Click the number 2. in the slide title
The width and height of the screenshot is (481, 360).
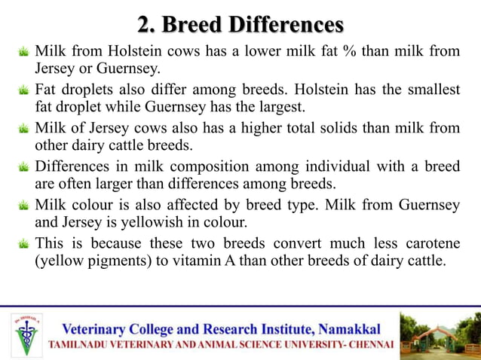point(146,24)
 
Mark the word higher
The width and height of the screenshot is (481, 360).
point(253,128)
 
